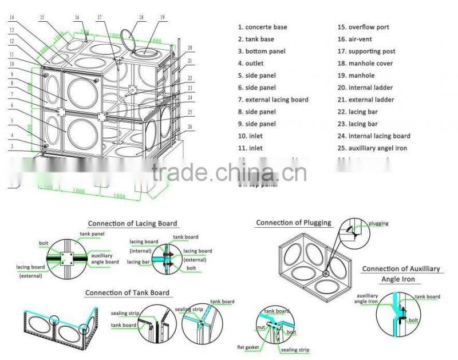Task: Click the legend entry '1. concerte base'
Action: click(x=263, y=27)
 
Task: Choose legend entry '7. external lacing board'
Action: click(x=273, y=100)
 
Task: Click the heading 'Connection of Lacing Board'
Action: click(x=132, y=223)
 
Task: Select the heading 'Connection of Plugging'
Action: click(x=294, y=222)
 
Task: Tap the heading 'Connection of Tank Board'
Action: click(x=127, y=292)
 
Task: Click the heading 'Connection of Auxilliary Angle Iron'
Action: click(x=401, y=274)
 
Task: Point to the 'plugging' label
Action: click(x=378, y=223)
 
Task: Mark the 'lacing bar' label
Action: click(x=138, y=262)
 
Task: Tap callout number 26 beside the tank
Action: click(x=189, y=126)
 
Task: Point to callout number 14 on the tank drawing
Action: click(x=11, y=18)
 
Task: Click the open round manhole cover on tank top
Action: click(x=129, y=39)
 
